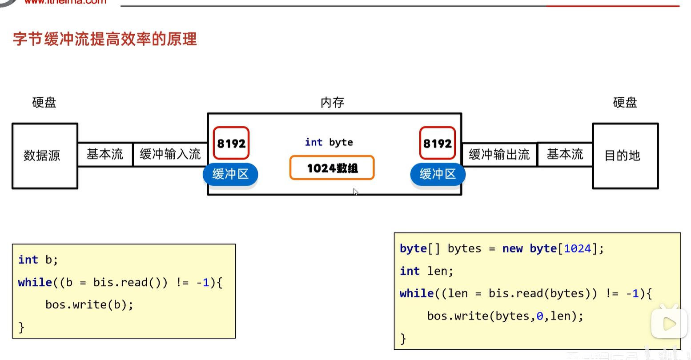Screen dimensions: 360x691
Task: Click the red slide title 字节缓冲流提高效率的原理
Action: pyautogui.click(x=105, y=39)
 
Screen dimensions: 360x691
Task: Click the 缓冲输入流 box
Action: pyautogui.click(x=170, y=155)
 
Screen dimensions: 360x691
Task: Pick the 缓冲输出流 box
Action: pyautogui.click(x=499, y=155)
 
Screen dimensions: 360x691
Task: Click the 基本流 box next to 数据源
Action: pyautogui.click(x=105, y=155)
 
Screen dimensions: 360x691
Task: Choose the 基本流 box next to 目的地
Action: pyautogui.click(x=565, y=155)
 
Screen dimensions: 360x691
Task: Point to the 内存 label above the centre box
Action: pyautogui.click(x=333, y=103)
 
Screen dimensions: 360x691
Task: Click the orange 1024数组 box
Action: pyautogui.click(x=332, y=168)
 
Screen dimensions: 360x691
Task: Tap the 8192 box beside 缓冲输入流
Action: pyautogui.click(x=231, y=143)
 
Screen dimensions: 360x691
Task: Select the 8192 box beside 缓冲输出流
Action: pyautogui.click(x=438, y=143)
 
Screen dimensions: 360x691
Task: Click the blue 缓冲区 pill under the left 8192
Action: pyautogui.click(x=230, y=174)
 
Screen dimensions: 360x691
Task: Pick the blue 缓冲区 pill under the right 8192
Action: pyautogui.click(x=438, y=174)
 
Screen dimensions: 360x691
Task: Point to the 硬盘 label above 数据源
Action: pyautogui.click(x=44, y=103)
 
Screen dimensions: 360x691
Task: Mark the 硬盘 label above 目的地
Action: pyautogui.click(x=625, y=103)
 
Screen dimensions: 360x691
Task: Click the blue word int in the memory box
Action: pyautogui.click(x=313, y=142)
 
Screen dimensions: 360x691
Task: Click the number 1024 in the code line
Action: pyautogui.click(x=577, y=248)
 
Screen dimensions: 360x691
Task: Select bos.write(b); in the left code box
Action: pyautogui.click(x=89, y=305)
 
